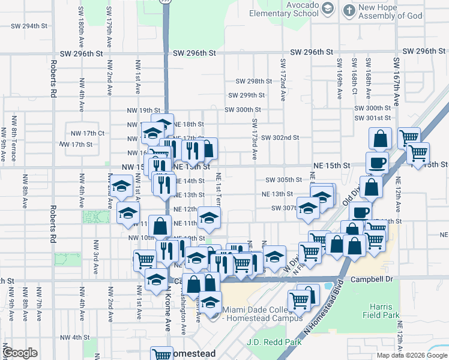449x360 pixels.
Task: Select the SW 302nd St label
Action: tap(280, 138)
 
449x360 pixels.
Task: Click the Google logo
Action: tap(20, 353)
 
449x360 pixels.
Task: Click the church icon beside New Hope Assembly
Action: tap(348, 10)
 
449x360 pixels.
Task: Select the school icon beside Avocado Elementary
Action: tap(328, 8)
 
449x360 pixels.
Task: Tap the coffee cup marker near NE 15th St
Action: tap(377, 162)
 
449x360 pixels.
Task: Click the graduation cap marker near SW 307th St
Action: tap(308, 208)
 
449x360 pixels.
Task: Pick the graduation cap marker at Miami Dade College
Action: tap(210, 301)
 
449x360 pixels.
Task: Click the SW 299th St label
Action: tap(246, 95)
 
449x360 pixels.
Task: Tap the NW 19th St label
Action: tap(140, 110)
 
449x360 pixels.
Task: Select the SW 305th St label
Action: tap(283, 180)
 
